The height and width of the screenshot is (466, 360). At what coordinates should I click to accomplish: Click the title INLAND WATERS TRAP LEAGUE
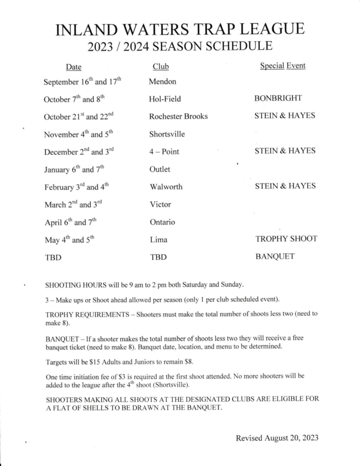pyautogui.click(x=181, y=29)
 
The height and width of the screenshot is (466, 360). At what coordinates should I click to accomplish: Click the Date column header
pyautogui.click(x=74, y=67)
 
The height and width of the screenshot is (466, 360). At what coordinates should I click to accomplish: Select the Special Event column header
pyautogui.click(x=283, y=66)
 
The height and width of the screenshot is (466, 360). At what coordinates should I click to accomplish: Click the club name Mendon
pyautogui.click(x=163, y=81)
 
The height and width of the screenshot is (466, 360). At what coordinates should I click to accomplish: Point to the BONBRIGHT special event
pyautogui.click(x=278, y=98)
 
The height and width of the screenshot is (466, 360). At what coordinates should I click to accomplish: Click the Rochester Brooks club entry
pyautogui.click(x=178, y=116)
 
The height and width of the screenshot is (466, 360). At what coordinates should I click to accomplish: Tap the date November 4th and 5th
pyautogui.click(x=78, y=134)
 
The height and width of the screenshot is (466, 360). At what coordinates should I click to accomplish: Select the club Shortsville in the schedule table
pyautogui.click(x=167, y=134)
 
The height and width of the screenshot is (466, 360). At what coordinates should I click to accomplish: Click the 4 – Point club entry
pyautogui.click(x=164, y=152)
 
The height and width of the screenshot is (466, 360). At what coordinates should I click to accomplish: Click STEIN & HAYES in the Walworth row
pyautogui.click(x=285, y=186)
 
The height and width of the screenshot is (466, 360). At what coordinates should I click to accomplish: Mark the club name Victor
pyautogui.click(x=160, y=205)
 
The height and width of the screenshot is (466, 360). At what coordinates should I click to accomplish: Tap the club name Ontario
pyautogui.click(x=163, y=222)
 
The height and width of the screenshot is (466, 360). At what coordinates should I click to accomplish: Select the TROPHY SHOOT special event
pyautogui.click(x=286, y=239)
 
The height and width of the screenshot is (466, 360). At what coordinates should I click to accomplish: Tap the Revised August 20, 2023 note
pyautogui.click(x=277, y=438)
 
